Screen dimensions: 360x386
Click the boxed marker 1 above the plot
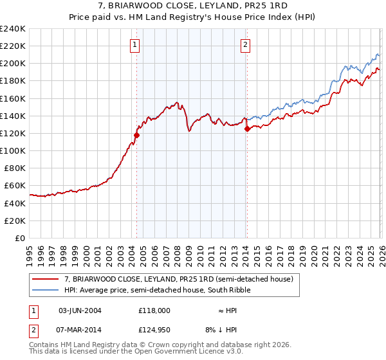(x=135, y=44)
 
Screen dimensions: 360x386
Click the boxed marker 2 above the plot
(x=246, y=44)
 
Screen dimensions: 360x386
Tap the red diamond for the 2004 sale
(x=136, y=135)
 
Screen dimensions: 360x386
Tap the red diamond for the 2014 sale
(x=247, y=129)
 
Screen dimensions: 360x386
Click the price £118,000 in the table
(x=154, y=310)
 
